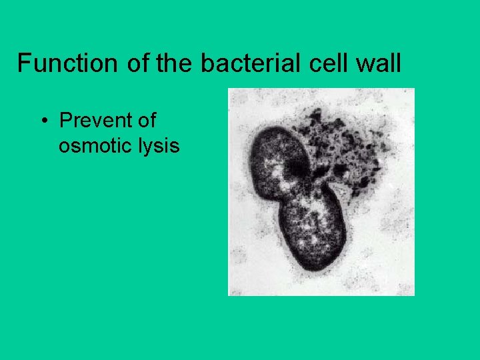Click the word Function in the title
coord(57,63)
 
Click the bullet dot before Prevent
coord(43,121)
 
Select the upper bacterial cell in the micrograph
coord(276,160)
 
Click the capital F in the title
coord(23,63)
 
